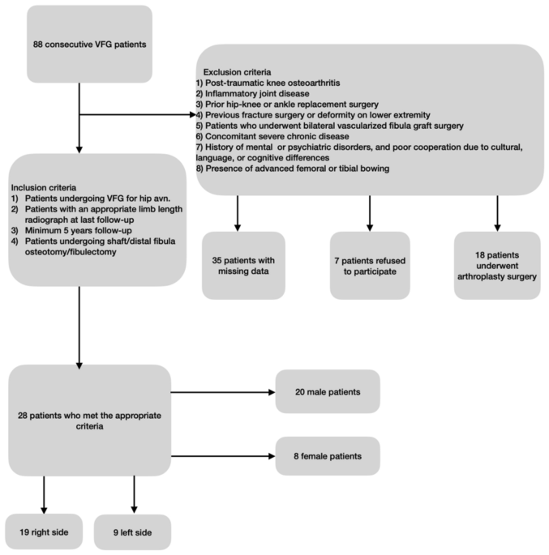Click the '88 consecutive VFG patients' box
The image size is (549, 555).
coord(77,43)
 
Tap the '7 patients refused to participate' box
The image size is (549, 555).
coord(369,265)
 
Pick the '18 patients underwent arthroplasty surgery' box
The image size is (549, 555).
coord(496,265)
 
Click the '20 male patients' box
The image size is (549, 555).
coord(328,391)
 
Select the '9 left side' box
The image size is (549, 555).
coord(133,532)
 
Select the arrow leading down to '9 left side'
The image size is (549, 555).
coord(134,494)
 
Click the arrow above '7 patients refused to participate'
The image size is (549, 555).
coord(369,213)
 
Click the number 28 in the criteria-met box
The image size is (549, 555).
coord(24,414)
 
